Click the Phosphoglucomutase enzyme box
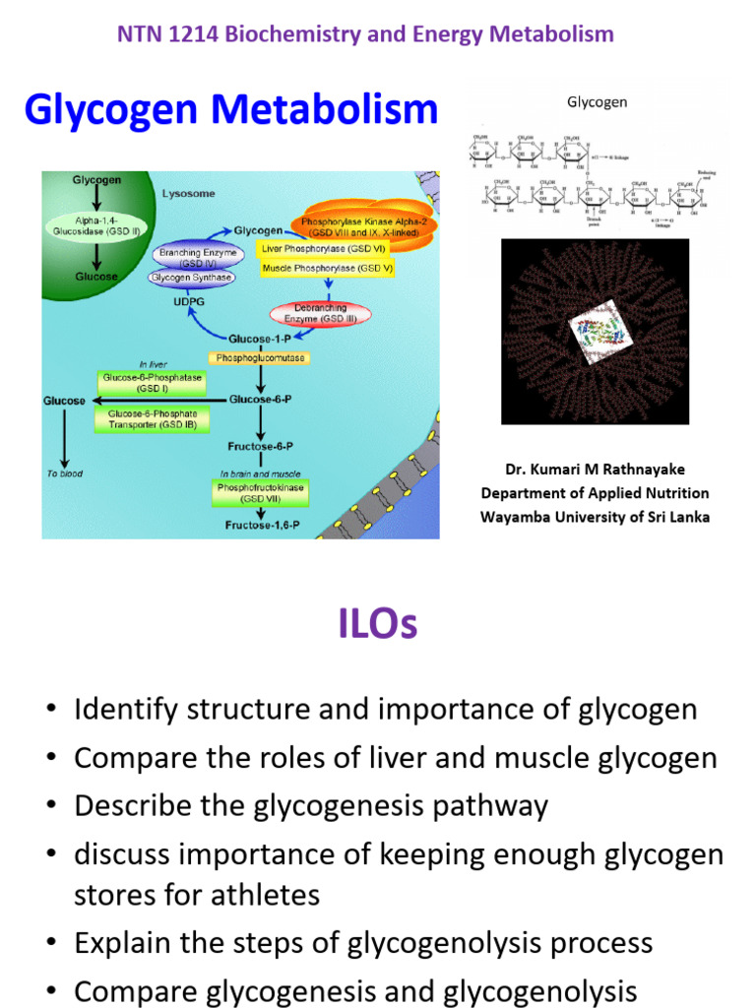(258, 358)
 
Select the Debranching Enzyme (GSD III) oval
(341, 314)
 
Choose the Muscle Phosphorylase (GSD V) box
(326, 268)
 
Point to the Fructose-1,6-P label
(262, 526)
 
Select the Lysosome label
(187, 194)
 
